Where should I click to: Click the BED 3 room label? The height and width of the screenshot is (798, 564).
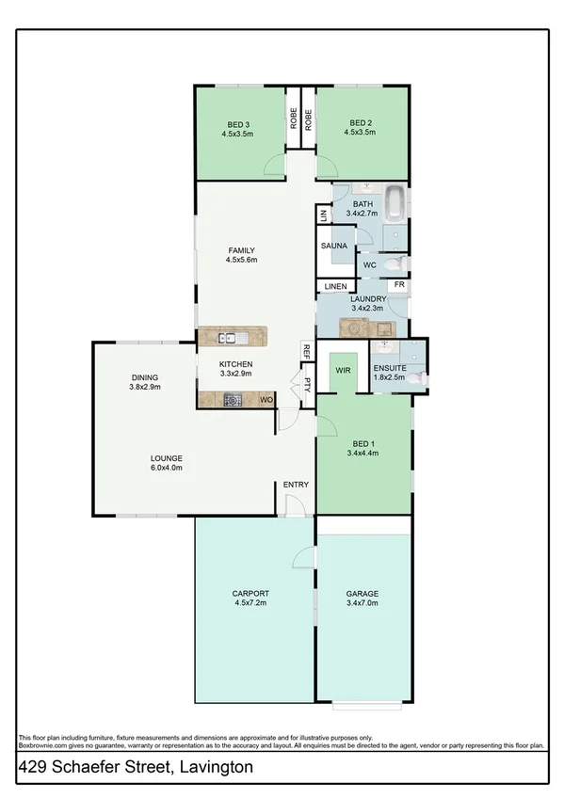click(x=238, y=123)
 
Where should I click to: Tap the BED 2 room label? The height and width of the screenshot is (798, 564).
click(x=363, y=123)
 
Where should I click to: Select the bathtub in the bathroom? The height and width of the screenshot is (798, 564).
click(x=397, y=201)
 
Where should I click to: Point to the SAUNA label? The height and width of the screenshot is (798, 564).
click(x=334, y=246)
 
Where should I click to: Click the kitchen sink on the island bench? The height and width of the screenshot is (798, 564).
click(x=231, y=337)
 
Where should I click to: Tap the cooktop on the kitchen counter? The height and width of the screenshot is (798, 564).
click(x=231, y=400)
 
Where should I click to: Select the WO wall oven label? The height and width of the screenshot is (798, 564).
click(x=266, y=400)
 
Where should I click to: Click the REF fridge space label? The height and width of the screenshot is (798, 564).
click(x=307, y=351)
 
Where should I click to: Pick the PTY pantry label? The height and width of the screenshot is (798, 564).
click(x=307, y=383)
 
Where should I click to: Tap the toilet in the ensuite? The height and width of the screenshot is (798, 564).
click(x=421, y=375)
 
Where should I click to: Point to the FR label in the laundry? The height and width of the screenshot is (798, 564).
click(x=399, y=285)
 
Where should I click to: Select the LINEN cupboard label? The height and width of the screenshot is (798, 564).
click(x=335, y=286)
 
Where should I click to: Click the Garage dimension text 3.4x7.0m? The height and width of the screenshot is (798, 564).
click(x=362, y=604)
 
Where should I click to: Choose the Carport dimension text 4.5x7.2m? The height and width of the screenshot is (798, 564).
click(x=250, y=604)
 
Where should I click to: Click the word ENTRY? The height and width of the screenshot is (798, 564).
click(x=296, y=485)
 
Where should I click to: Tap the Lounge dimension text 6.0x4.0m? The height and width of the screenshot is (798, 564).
click(x=166, y=467)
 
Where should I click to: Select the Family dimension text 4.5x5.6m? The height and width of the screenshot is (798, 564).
click(x=241, y=260)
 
